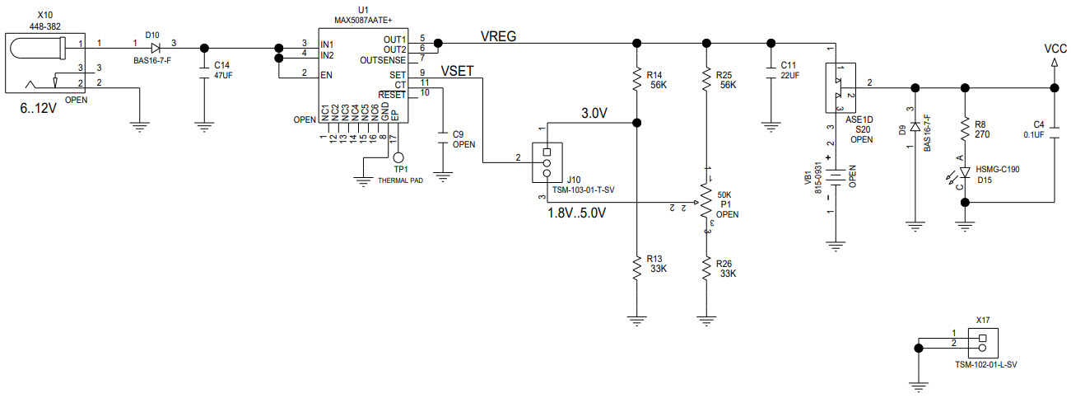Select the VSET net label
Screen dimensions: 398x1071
[x=458, y=71]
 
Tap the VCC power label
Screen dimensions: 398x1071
[x=1055, y=49]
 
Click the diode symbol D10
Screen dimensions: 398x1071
[x=154, y=48]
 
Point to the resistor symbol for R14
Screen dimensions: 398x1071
[x=636, y=80]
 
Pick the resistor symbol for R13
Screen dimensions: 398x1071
[x=636, y=267]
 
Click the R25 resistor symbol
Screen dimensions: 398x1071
[x=705, y=80]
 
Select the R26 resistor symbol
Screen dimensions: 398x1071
[x=705, y=267]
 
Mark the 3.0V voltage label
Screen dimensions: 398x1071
[x=594, y=114]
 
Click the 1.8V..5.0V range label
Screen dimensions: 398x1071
[x=576, y=213]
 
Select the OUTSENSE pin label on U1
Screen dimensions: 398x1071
[x=384, y=59]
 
